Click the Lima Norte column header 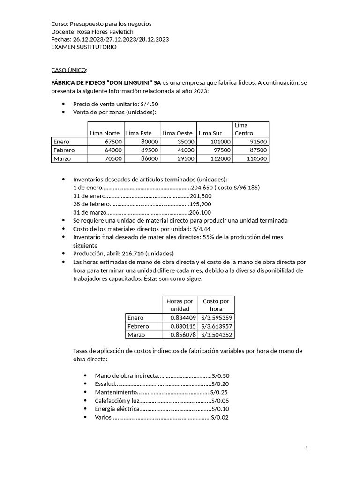tap(105, 133)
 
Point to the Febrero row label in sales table tap(64, 150)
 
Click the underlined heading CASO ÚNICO tap(68, 70)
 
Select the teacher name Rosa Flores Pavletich tap(105, 31)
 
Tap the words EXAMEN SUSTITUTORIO tap(84, 47)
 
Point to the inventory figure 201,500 tap(201, 196)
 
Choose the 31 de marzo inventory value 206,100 tap(200, 212)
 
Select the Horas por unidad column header tap(180, 305)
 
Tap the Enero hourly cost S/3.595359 tap(216, 318)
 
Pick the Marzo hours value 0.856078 tap(180, 335)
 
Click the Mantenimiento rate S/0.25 tap(219, 392)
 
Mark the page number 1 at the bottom tap(307, 449)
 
